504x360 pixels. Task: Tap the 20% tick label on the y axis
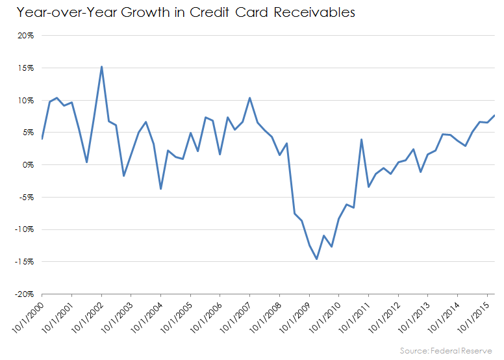[x=25, y=36]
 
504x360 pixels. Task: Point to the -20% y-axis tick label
[x=24, y=294]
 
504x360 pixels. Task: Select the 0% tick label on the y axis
[x=28, y=165]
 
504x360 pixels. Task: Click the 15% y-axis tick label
[x=25, y=68]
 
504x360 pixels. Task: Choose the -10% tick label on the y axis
[x=24, y=229]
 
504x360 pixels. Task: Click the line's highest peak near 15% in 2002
[x=101, y=66]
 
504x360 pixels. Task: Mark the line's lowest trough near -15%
[x=316, y=259]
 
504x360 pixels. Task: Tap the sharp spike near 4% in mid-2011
[x=361, y=139]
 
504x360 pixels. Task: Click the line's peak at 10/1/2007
[x=249, y=98]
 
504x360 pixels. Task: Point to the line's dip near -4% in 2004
[x=160, y=189]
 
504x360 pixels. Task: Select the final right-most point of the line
[x=494, y=116]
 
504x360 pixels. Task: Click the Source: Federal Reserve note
[x=446, y=351]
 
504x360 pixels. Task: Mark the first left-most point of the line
[x=42, y=138]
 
